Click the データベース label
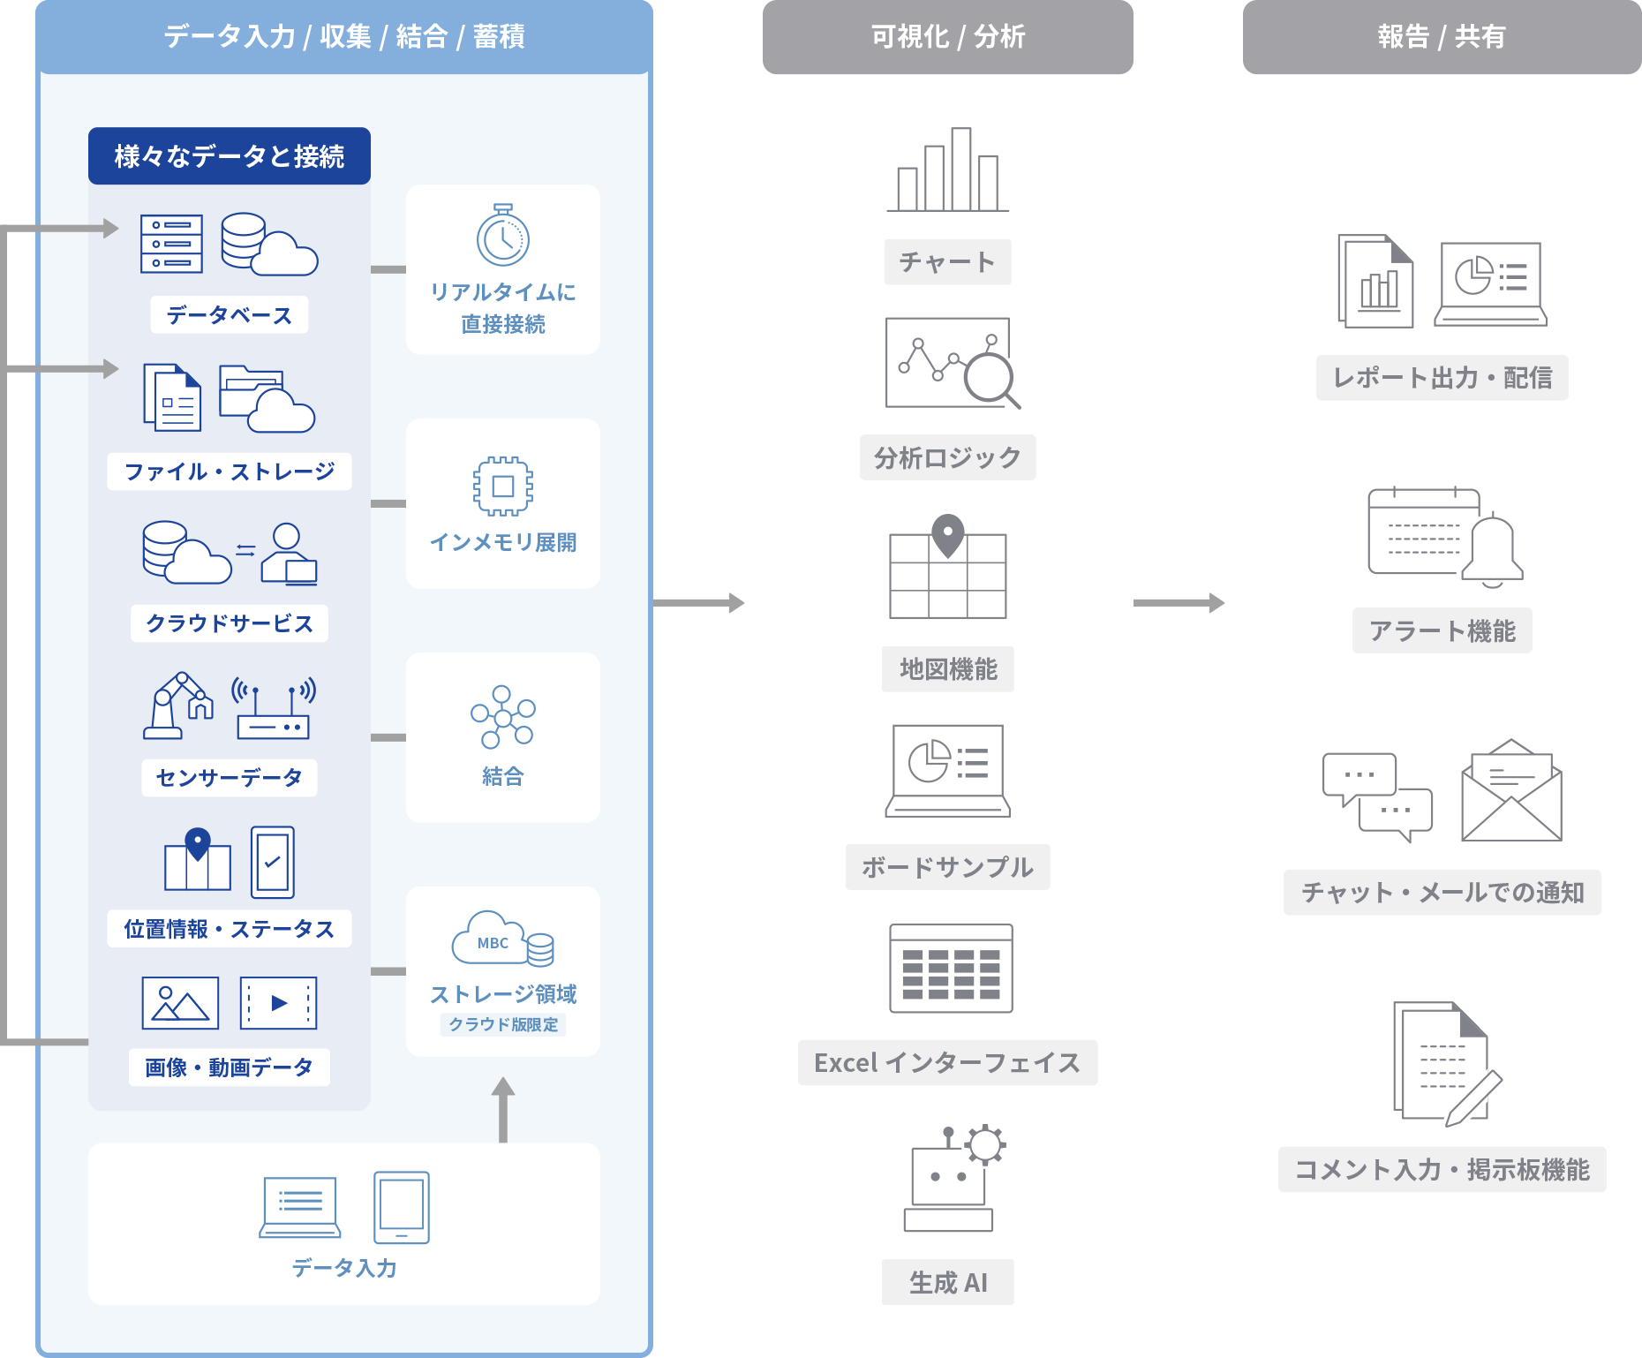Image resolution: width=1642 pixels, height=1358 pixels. [x=229, y=315]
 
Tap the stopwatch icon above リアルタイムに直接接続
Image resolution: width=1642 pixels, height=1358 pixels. [x=502, y=236]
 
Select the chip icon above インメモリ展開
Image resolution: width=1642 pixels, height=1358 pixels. [x=502, y=486]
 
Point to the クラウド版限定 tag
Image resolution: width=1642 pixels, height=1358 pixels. [x=503, y=1024]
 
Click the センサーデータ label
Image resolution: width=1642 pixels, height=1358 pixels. [x=229, y=778]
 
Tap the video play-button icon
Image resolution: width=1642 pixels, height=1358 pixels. [x=278, y=1003]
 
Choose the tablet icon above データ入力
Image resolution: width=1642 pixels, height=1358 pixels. [x=402, y=1207]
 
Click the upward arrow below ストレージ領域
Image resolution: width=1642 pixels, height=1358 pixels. [x=502, y=1107]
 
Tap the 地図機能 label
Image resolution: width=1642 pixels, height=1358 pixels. [x=947, y=669]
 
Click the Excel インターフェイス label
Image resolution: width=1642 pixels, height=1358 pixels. [x=947, y=1062]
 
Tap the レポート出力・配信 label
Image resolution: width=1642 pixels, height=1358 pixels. [x=1442, y=378]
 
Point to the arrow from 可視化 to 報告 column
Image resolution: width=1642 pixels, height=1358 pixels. [x=1179, y=603]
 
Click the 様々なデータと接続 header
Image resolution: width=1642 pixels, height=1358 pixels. [x=229, y=156]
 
